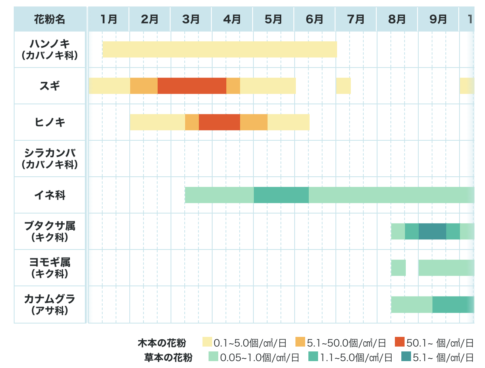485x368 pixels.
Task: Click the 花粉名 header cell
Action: click(x=50, y=19)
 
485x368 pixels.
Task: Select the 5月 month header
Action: click(x=273, y=19)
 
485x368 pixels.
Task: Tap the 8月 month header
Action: click(x=397, y=19)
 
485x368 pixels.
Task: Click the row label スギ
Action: click(x=50, y=86)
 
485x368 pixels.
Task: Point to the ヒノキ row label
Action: click(x=50, y=122)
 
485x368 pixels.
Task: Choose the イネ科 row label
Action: click(x=50, y=195)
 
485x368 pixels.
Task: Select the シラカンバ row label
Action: click(x=50, y=159)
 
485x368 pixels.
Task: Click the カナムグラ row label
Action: click(x=50, y=305)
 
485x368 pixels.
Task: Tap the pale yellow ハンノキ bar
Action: click(x=219, y=49)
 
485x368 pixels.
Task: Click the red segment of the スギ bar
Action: click(x=192, y=86)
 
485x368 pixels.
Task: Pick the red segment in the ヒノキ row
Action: click(x=219, y=122)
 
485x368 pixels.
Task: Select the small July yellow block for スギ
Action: click(x=343, y=86)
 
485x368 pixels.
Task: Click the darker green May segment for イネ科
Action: click(x=281, y=195)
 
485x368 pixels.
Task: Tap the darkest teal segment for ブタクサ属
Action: click(x=432, y=231)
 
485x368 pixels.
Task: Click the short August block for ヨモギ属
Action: click(x=398, y=268)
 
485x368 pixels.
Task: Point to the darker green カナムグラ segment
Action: click(x=452, y=305)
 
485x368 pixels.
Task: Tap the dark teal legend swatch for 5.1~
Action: click(x=406, y=357)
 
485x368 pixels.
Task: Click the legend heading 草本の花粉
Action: click(x=168, y=357)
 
